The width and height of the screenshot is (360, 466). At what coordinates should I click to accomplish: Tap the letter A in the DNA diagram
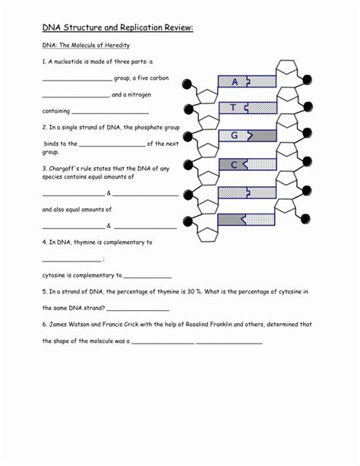point(235,81)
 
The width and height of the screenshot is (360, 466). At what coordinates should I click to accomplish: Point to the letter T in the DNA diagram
point(234,108)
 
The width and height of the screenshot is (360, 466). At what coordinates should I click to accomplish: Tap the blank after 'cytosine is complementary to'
point(147,277)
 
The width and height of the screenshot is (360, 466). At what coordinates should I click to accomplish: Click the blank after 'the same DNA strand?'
point(138,309)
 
